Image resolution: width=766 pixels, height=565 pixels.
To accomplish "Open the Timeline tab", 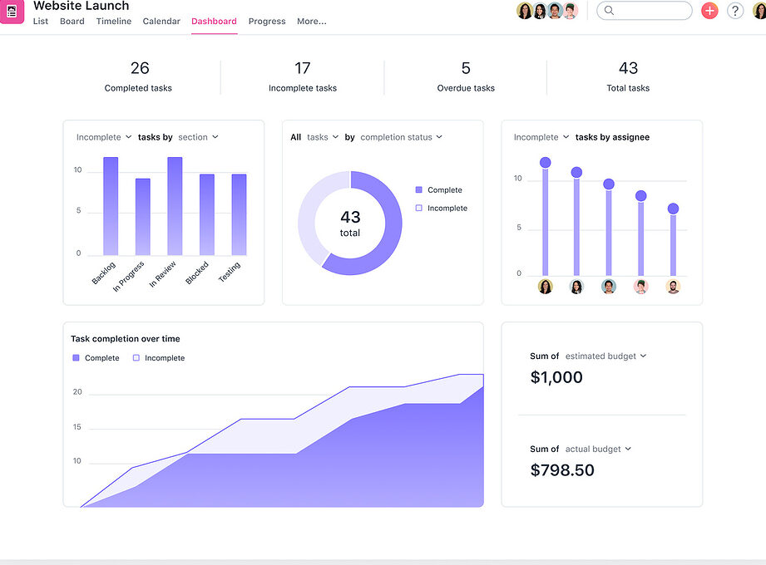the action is [x=113, y=21].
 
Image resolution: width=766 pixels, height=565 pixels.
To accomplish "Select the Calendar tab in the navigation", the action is [x=161, y=21].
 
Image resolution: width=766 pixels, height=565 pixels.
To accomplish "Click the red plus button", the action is [x=709, y=10].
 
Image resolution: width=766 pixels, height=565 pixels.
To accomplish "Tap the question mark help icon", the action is [x=734, y=10].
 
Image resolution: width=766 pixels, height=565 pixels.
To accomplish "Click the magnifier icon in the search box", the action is [x=609, y=10].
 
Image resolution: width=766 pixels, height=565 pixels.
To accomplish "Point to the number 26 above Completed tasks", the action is [x=140, y=68].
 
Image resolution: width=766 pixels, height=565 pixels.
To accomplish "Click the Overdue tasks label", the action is [x=466, y=88].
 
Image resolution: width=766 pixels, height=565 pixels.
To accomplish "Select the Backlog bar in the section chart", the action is [x=111, y=206].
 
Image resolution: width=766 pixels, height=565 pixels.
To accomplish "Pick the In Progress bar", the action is [x=143, y=217].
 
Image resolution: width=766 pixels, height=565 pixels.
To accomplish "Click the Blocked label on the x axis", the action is [x=197, y=273].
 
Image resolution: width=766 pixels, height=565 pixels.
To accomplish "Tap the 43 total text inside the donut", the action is [x=350, y=224].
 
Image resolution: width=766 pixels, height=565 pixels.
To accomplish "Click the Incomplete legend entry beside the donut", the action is [x=441, y=208].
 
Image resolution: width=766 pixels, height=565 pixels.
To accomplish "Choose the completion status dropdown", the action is [x=401, y=137].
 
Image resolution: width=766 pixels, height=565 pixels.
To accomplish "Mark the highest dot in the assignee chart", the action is [x=546, y=163].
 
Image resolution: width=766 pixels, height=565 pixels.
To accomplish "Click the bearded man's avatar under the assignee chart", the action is [x=673, y=287].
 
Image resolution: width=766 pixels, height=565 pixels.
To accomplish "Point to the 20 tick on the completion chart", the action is [x=77, y=392].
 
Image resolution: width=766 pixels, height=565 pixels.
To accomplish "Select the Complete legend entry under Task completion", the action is [x=96, y=357].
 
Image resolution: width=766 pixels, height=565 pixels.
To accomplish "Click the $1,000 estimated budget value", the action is [x=556, y=377].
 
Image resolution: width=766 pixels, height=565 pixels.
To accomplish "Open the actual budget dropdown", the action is [x=598, y=449].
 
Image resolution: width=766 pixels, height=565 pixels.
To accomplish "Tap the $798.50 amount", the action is [x=562, y=469].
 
